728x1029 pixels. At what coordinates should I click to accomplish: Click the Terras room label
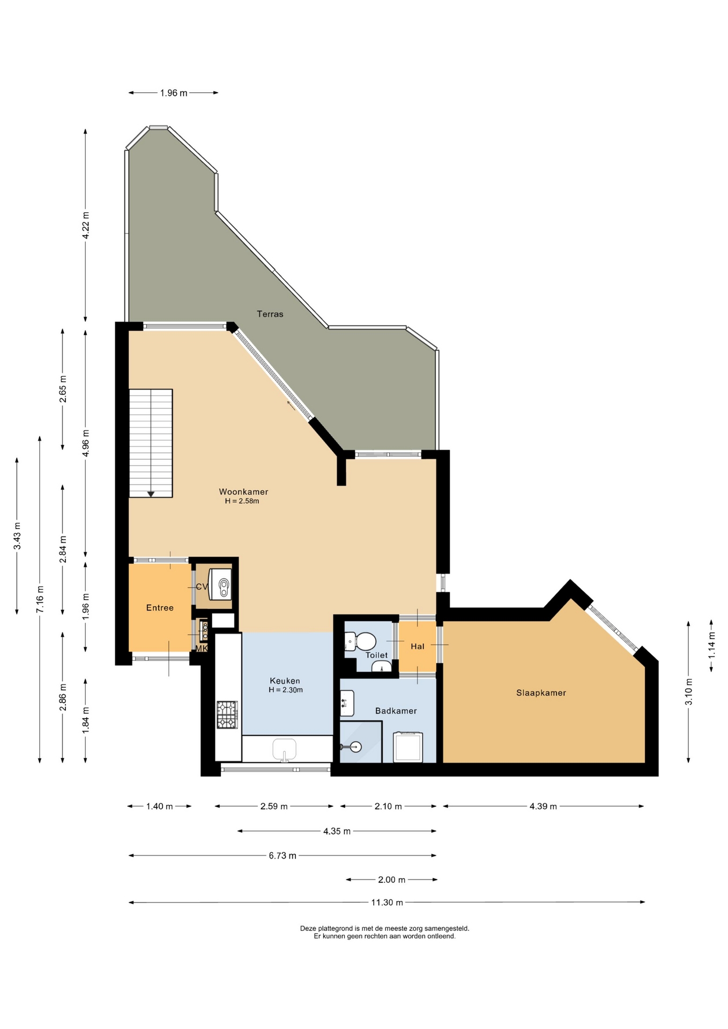coord(270,314)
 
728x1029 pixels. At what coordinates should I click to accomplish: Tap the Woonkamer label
coord(243,491)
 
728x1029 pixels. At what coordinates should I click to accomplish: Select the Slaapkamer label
coord(541,692)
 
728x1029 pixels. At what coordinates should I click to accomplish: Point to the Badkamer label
coord(396,711)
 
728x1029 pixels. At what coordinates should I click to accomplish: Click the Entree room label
coord(160,608)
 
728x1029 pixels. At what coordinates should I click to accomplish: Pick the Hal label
coord(417,646)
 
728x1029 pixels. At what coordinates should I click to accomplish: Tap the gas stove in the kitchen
coord(227,715)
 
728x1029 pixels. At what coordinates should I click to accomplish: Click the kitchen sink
coord(284,749)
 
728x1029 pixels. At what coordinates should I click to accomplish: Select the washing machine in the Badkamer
coord(408,747)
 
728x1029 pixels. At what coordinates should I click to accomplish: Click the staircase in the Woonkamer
coord(151,443)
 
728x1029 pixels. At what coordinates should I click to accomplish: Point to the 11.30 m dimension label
coord(387,903)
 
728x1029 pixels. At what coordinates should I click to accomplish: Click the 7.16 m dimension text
coord(40,600)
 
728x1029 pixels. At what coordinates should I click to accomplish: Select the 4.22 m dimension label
coord(85,225)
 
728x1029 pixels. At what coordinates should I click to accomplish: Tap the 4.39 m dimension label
coord(543,806)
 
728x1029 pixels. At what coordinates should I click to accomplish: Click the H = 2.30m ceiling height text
coord(286,690)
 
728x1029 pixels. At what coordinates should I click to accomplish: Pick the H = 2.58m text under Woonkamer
coord(242,501)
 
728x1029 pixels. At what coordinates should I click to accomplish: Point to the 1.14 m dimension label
coord(711,646)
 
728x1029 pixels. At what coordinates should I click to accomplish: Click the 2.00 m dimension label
coord(391,879)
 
